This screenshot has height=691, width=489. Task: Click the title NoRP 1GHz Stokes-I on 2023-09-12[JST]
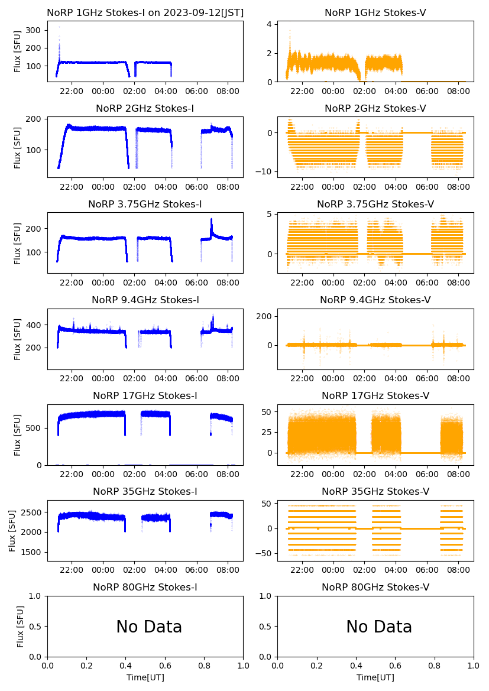pos(145,12)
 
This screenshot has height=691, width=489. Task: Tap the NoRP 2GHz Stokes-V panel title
pos(375,108)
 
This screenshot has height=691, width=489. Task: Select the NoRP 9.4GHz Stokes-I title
pos(145,300)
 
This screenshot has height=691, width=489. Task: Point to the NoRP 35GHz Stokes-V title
pos(375,491)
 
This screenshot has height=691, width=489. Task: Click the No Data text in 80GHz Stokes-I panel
pos(149,627)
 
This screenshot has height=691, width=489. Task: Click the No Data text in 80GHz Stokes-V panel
pos(379,627)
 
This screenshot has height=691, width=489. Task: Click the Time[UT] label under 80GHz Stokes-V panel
pos(375,677)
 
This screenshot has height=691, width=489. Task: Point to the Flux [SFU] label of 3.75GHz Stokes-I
pos(18,244)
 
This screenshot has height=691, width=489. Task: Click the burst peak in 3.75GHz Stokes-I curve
pos(211,219)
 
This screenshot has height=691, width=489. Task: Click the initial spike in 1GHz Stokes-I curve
pos(59,27)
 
